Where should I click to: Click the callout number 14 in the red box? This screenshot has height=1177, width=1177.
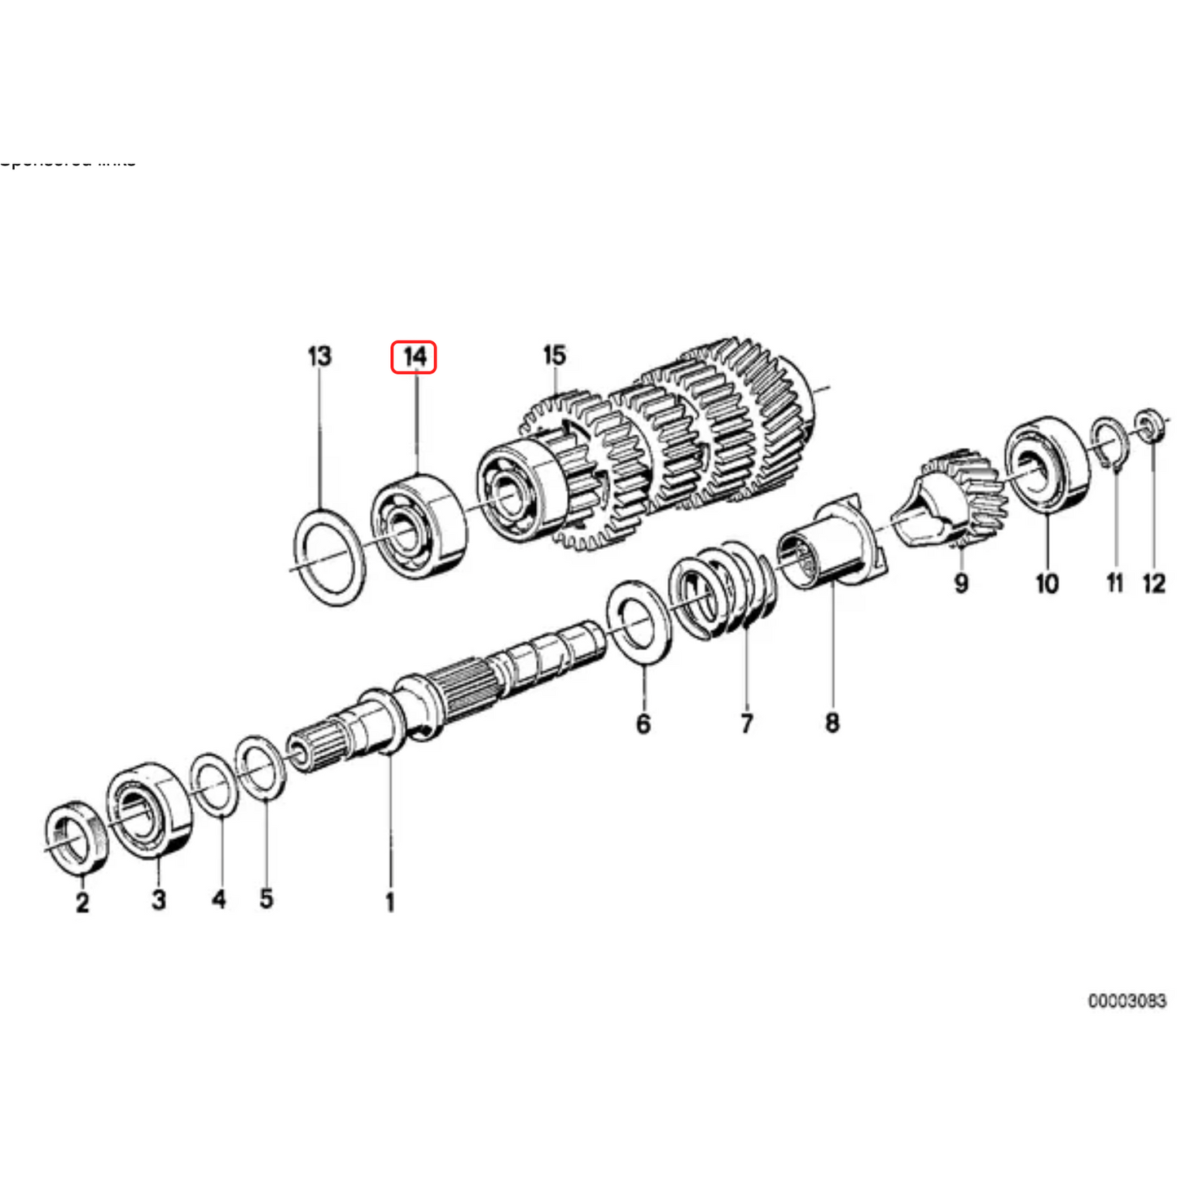coord(414,357)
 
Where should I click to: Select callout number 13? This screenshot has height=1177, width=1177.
coord(319,356)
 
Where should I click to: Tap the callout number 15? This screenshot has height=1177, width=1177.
coord(554,355)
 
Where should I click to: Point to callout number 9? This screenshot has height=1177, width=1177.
coord(961,583)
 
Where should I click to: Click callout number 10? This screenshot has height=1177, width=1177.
coord(1047,583)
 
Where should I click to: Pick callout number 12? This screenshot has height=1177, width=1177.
coord(1154,583)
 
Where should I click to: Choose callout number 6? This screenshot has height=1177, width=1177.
coord(643,723)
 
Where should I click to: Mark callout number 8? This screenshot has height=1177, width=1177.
coord(832,722)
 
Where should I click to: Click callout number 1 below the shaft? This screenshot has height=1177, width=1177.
coord(390,902)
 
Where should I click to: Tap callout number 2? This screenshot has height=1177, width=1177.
coord(82,902)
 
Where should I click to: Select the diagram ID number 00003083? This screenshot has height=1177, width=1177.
coord(1126,1000)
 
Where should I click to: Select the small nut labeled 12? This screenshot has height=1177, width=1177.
coord(1148,425)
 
